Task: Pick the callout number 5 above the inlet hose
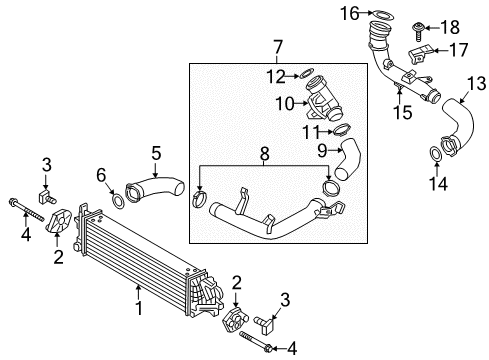click(x=156, y=153)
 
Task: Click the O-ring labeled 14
click(x=437, y=153)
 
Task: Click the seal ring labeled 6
click(x=119, y=201)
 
